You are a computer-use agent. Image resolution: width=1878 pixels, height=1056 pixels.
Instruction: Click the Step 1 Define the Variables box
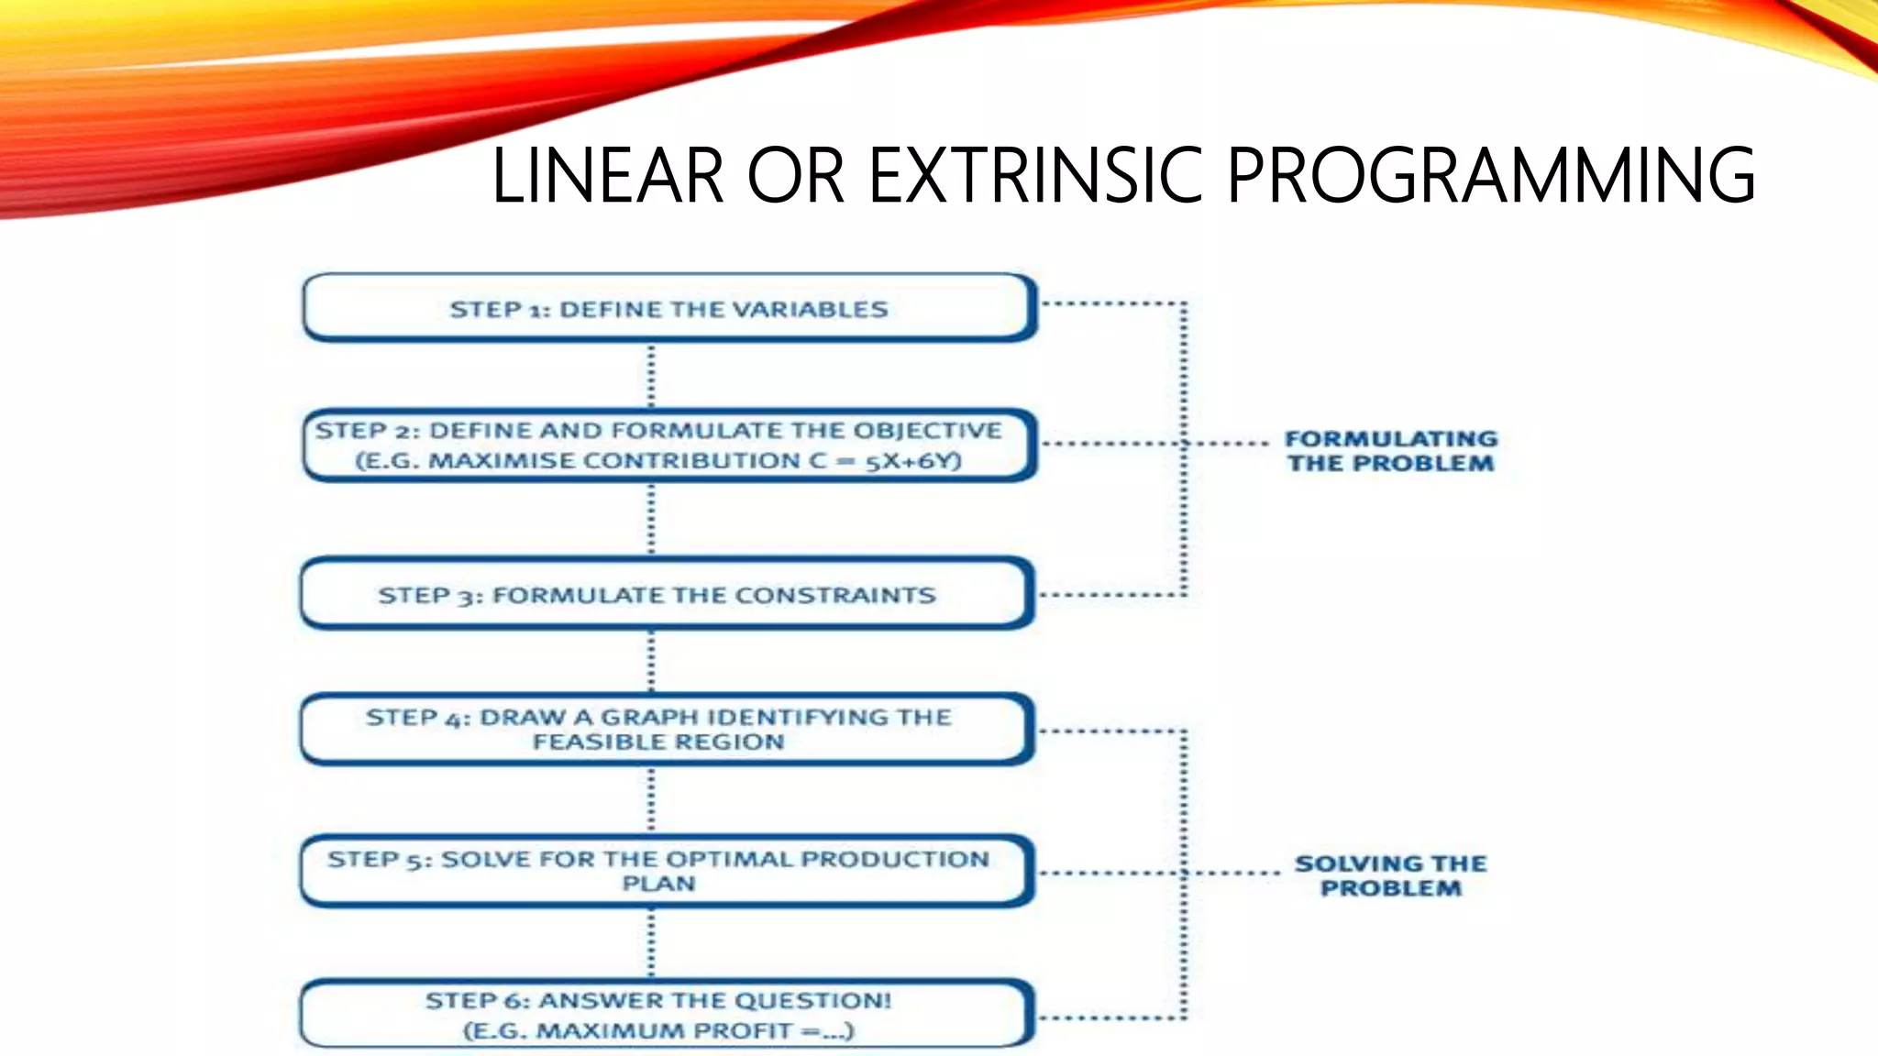click(669, 308)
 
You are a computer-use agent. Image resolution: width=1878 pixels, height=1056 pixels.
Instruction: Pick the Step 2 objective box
click(669, 445)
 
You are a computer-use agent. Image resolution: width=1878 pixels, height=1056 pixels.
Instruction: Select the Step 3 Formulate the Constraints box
click(668, 595)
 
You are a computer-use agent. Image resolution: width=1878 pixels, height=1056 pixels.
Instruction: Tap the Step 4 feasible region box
click(668, 730)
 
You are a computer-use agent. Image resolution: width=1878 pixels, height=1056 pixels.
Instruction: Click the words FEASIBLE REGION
click(658, 742)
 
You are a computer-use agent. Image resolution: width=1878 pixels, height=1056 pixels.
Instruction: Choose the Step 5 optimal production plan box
click(668, 871)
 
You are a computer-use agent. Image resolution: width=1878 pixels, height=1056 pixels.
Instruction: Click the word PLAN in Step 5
click(658, 885)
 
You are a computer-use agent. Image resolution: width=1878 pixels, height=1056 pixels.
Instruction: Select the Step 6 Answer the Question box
click(668, 1014)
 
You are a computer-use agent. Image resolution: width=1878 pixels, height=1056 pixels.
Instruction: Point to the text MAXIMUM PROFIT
click(666, 1031)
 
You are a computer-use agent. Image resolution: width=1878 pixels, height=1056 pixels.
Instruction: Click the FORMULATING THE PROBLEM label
click(1390, 451)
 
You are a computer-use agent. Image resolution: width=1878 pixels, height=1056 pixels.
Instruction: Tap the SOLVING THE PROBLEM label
click(1390, 875)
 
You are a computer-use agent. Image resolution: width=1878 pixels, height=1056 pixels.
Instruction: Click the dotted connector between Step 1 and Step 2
click(652, 376)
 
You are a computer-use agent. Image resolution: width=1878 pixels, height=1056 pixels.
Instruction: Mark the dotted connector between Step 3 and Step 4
click(652, 661)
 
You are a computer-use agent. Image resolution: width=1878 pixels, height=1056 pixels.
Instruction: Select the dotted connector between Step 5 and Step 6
click(652, 944)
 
